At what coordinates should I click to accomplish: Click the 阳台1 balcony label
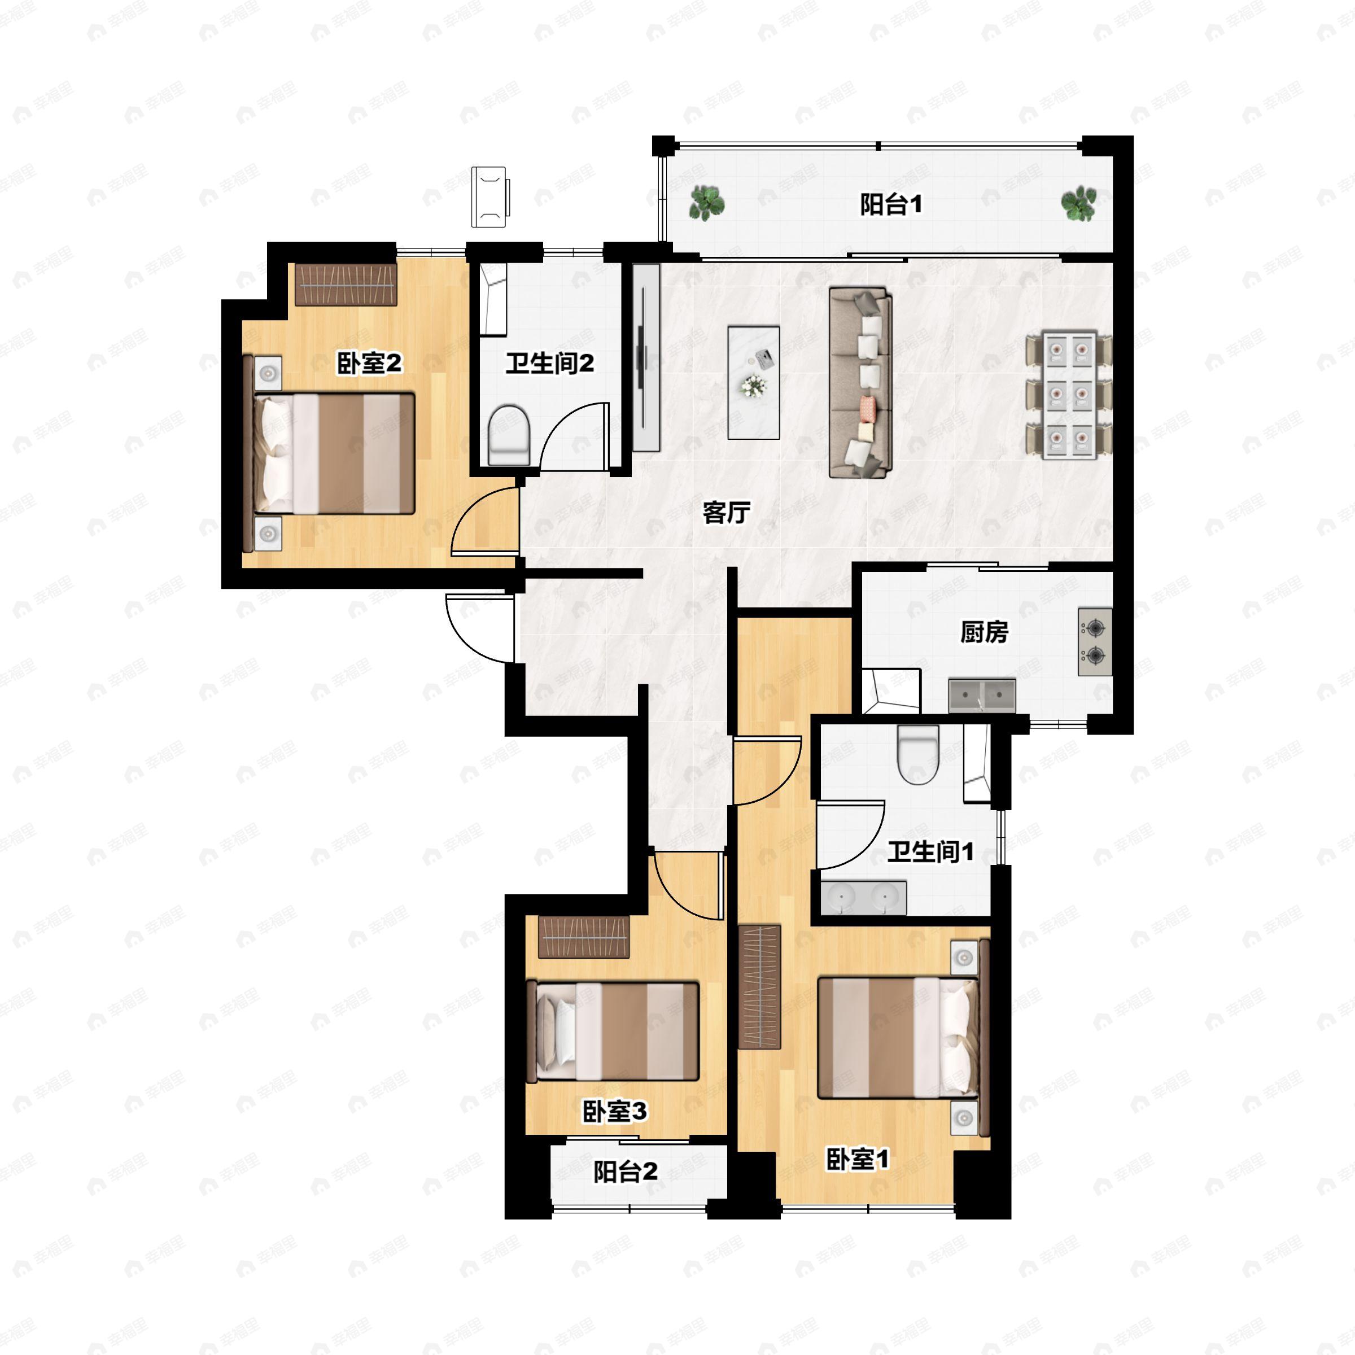click(891, 205)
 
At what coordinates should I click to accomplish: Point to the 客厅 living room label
click(727, 513)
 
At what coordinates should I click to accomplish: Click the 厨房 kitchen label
click(984, 632)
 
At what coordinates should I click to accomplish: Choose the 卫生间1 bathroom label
click(930, 852)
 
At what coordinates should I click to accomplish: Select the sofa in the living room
click(860, 382)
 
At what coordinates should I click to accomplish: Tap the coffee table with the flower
click(753, 382)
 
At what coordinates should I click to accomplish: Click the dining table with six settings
click(1068, 397)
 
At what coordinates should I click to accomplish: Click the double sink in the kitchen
click(982, 696)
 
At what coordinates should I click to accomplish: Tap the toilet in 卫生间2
click(508, 435)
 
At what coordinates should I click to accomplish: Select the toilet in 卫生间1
click(918, 755)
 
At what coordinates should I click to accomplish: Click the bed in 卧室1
click(898, 1038)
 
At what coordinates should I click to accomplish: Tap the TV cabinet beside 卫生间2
click(646, 358)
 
